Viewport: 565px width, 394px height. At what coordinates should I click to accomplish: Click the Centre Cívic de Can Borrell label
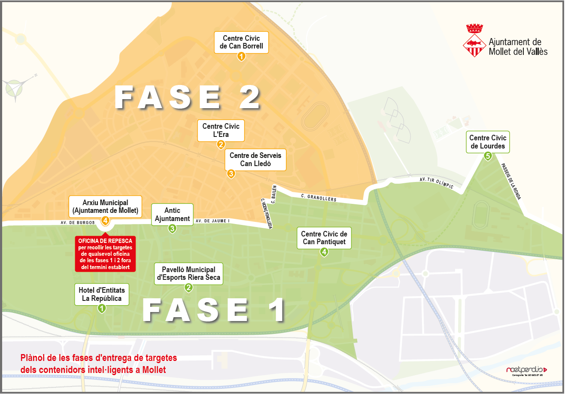pos(241,42)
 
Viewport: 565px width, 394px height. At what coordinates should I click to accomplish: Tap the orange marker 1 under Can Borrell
pos(241,56)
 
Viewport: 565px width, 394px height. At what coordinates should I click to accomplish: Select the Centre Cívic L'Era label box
pos(221,130)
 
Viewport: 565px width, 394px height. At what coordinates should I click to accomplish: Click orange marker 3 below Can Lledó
pos(231,174)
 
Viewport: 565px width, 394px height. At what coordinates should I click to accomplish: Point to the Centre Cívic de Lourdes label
pos(488,142)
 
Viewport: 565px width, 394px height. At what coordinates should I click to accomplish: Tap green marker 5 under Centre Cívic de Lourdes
pos(488,156)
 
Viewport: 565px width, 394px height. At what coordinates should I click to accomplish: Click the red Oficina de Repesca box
pos(106,254)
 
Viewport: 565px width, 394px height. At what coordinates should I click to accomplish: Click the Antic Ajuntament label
pos(172,215)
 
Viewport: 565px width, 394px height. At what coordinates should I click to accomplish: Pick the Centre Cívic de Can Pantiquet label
pos(324,238)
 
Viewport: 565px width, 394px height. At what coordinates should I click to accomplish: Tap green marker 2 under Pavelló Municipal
pos(188,288)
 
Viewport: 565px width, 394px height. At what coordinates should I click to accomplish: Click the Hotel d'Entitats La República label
pos(102,295)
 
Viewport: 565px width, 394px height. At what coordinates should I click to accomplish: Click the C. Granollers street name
pos(319,198)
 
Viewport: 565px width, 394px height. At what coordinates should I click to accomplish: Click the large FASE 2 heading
pos(188,98)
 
